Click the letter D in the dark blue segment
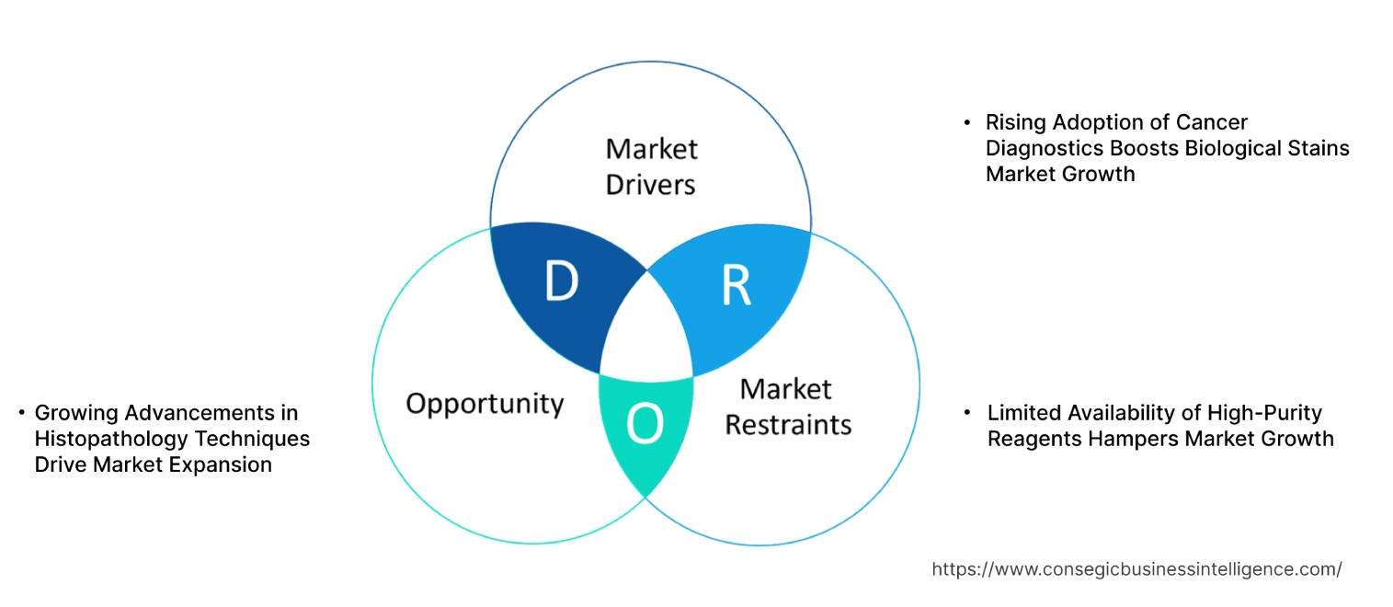click(x=560, y=282)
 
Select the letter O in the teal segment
click(x=643, y=424)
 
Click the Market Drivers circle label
click(x=651, y=166)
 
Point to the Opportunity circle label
click(x=485, y=404)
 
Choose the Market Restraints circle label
click(x=788, y=407)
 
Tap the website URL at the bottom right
click(x=1136, y=569)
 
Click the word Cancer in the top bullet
click(x=1214, y=122)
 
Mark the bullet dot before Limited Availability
click(x=966, y=413)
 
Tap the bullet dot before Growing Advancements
click(x=20, y=413)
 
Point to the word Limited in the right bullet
click(x=1023, y=413)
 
